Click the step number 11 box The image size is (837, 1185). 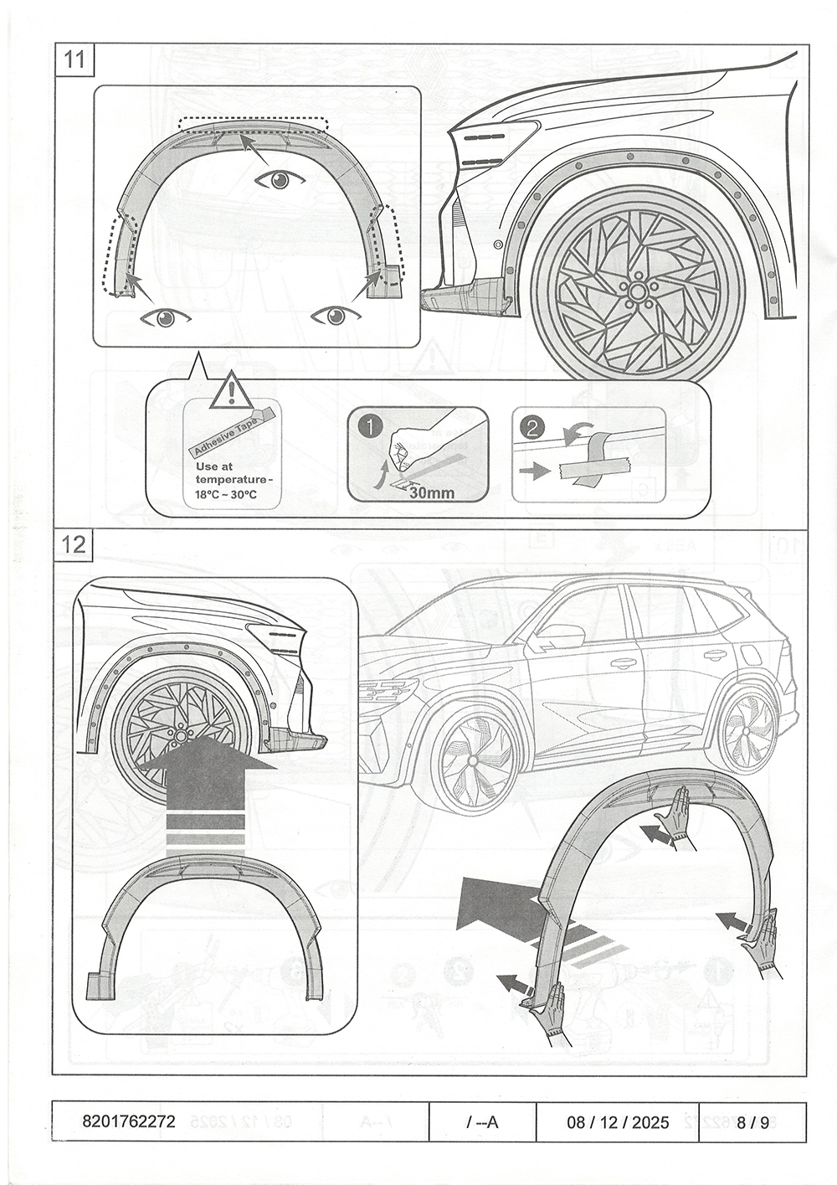74,59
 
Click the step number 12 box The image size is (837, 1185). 74,544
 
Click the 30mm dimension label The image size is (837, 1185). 432,492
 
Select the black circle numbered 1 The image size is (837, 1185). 368,426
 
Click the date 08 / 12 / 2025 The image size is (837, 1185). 618,1121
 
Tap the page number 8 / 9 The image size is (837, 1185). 753,1121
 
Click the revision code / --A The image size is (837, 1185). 482,1121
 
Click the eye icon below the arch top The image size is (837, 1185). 280,179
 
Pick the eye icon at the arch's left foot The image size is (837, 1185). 166,317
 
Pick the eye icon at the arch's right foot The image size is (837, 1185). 336,315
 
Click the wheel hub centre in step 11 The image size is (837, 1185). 637,291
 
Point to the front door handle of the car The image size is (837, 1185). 622,664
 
